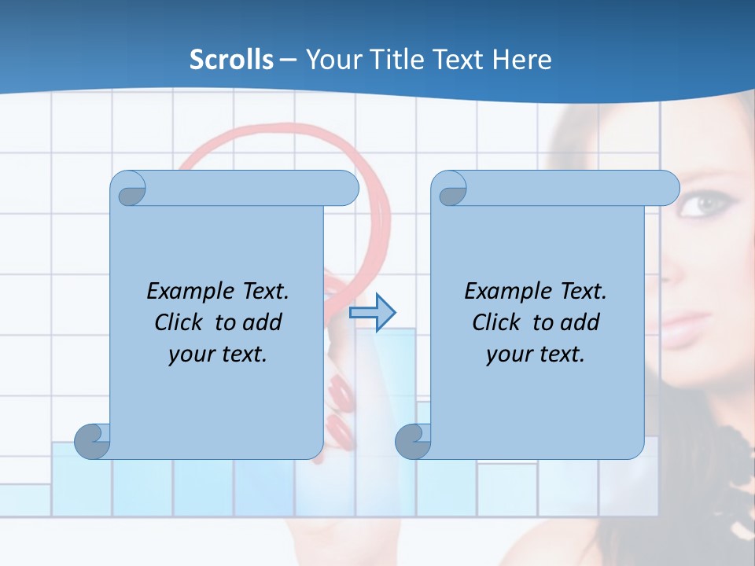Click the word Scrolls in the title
pos(231,60)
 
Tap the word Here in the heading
pos(522,60)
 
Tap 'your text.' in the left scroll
pos(218,354)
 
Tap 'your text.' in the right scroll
pos(536,354)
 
